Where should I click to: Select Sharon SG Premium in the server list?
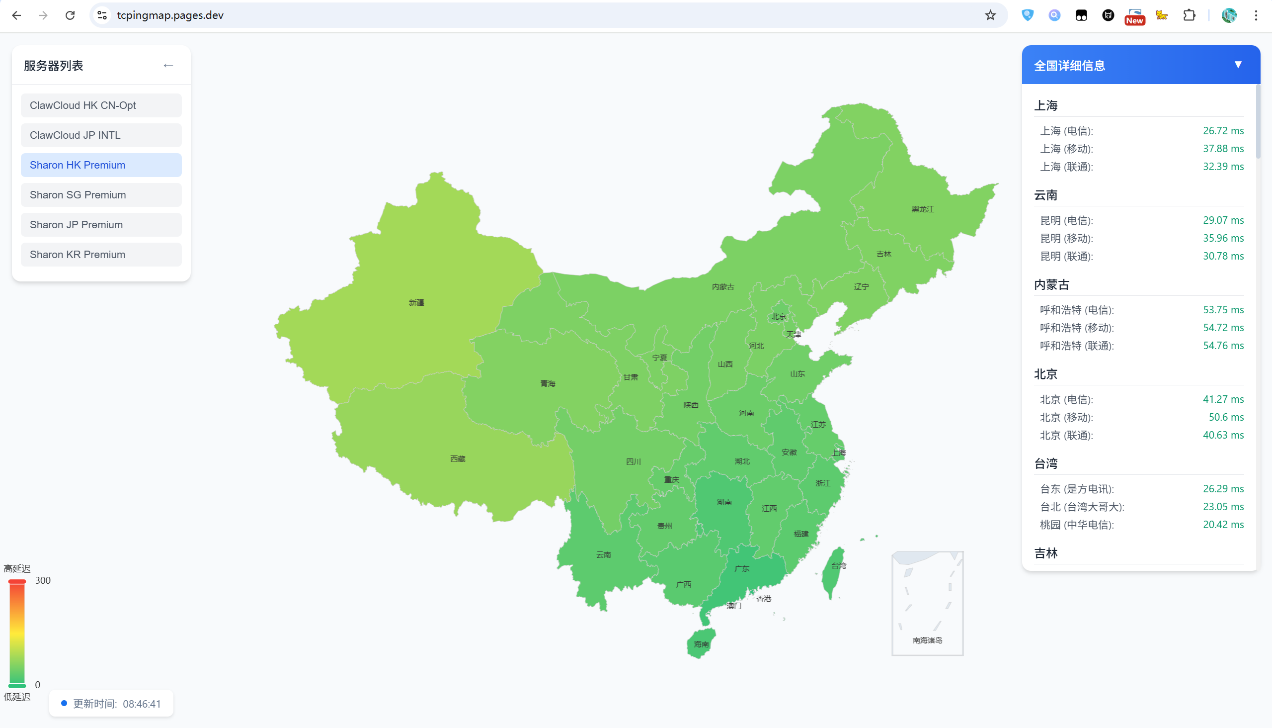pyautogui.click(x=101, y=195)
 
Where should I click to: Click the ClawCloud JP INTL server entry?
pyautogui.click(x=101, y=135)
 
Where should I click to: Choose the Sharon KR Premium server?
pyautogui.click(x=101, y=255)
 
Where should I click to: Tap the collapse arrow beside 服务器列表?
pyautogui.click(x=168, y=66)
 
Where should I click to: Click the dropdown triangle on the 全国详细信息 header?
pyautogui.click(x=1238, y=65)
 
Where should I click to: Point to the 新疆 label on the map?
pyautogui.click(x=416, y=302)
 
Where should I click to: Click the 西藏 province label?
pyautogui.click(x=458, y=459)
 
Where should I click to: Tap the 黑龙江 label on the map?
pyautogui.click(x=922, y=209)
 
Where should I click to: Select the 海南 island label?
pyautogui.click(x=701, y=644)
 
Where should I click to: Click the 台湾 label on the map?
pyautogui.click(x=838, y=566)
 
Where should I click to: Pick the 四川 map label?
pyautogui.click(x=633, y=461)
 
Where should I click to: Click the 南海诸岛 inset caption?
pyautogui.click(x=927, y=640)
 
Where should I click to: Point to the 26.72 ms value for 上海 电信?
pyautogui.click(x=1222, y=131)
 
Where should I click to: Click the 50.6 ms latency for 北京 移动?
pyautogui.click(x=1225, y=418)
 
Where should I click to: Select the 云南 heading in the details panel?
pyautogui.click(x=1046, y=195)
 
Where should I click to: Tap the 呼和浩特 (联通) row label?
pyautogui.click(x=1076, y=346)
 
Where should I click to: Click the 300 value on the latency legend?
pyautogui.click(x=43, y=580)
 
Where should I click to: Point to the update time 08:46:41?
pyautogui.click(x=142, y=704)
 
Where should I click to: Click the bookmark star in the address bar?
pyautogui.click(x=990, y=15)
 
